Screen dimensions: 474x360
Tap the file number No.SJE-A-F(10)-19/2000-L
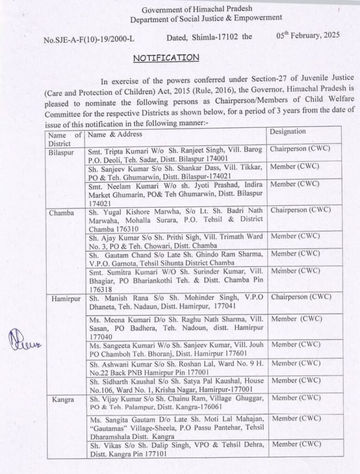pyautogui.click(x=88, y=39)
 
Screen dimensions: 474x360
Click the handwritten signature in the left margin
pyautogui.click(x=23, y=344)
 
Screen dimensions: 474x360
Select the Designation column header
pyautogui.click(x=288, y=131)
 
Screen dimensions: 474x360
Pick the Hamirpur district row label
pyautogui.click(x=63, y=299)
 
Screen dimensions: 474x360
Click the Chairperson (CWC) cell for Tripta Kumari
pyautogui.click(x=300, y=150)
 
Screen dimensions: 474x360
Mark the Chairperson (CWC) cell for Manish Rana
pyautogui.click(x=300, y=296)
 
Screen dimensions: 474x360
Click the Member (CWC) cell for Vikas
pyautogui.click(x=296, y=444)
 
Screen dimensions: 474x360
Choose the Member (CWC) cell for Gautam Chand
pyautogui.click(x=296, y=253)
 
